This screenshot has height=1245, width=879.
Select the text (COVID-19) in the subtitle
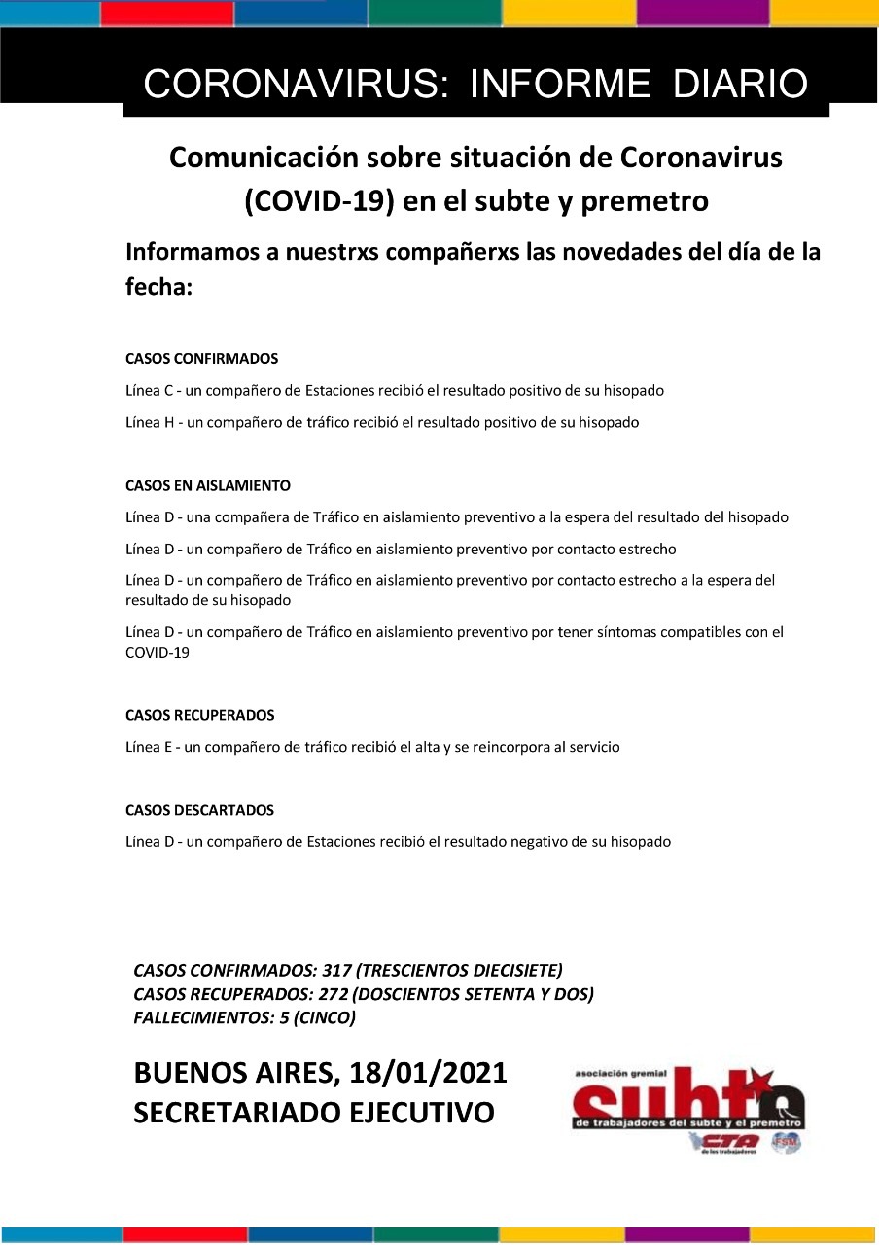(x=308, y=201)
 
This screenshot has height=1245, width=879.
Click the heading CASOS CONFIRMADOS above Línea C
(x=202, y=359)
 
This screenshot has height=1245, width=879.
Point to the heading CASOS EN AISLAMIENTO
(x=208, y=485)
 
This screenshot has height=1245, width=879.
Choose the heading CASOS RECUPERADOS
(x=200, y=715)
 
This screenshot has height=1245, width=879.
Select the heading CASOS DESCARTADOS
(x=200, y=810)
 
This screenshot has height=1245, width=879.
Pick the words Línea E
(x=149, y=748)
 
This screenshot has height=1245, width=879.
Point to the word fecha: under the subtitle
(x=158, y=289)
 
